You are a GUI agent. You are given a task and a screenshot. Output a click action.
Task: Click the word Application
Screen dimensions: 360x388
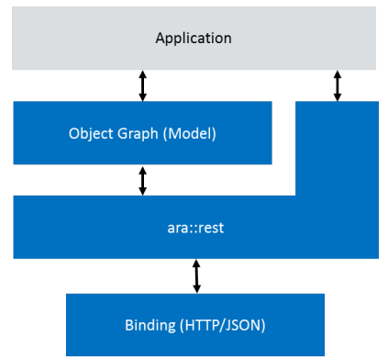194,38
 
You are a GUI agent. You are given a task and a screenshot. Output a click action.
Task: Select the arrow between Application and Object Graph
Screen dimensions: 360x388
142,85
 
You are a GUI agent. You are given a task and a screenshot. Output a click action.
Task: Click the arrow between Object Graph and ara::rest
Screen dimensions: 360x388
142,179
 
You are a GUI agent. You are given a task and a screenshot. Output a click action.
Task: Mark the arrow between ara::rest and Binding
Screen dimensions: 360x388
196,276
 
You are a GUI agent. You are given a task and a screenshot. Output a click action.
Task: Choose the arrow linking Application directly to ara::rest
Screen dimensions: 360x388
337,85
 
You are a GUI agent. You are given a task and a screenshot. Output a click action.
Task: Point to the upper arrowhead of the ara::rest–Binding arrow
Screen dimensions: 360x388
196,264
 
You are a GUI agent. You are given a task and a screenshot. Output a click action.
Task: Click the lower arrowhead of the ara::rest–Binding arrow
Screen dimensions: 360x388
196,287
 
